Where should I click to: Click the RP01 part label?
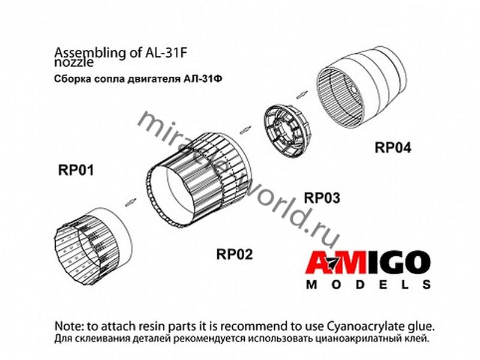(x=76, y=170)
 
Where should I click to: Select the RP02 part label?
(x=235, y=254)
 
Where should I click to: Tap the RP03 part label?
(x=322, y=198)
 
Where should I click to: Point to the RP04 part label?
(x=393, y=148)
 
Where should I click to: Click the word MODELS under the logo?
(x=368, y=285)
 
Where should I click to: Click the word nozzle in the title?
(x=74, y=62)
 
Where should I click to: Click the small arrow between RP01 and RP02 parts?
(x=131, y=202)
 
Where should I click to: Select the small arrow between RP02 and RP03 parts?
(x=245, y=130)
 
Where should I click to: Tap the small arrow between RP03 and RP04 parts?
(x=301, y=94)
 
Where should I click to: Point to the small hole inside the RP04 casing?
(x=354, y=89)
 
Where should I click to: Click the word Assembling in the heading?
(x=90, y=53)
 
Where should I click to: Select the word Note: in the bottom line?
(x=69, y=326)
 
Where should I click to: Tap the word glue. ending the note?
(x=422, y=327)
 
